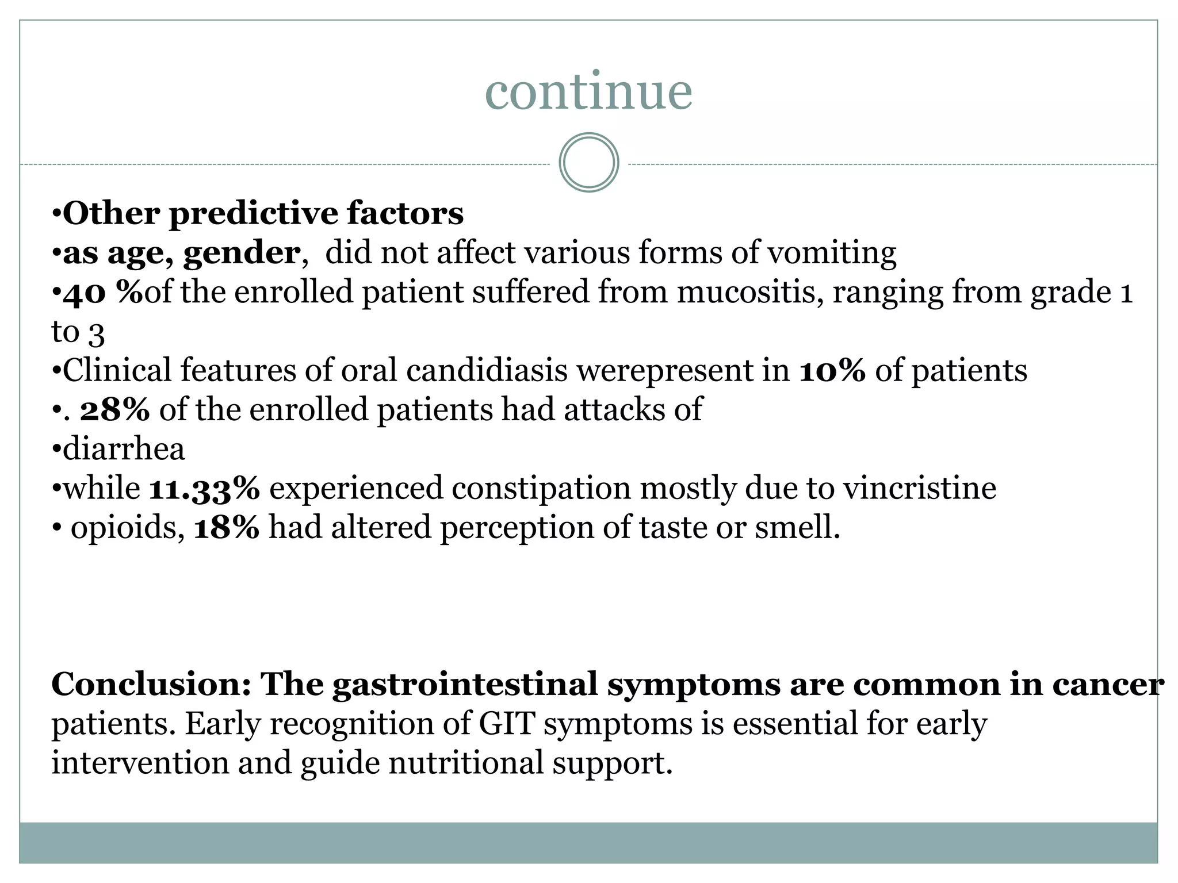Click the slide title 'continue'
[x=588, y=92]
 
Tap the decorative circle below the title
[x=588, y=162]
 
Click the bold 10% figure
[x=832, y=371]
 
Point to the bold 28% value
[x=115, y=410]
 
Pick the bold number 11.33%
[x=204, y=489]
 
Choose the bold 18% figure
[x=227, y=528]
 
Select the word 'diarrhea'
[x=124, y=449]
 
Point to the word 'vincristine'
[x=920, y=489]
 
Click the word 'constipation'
[x=541, y=489]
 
